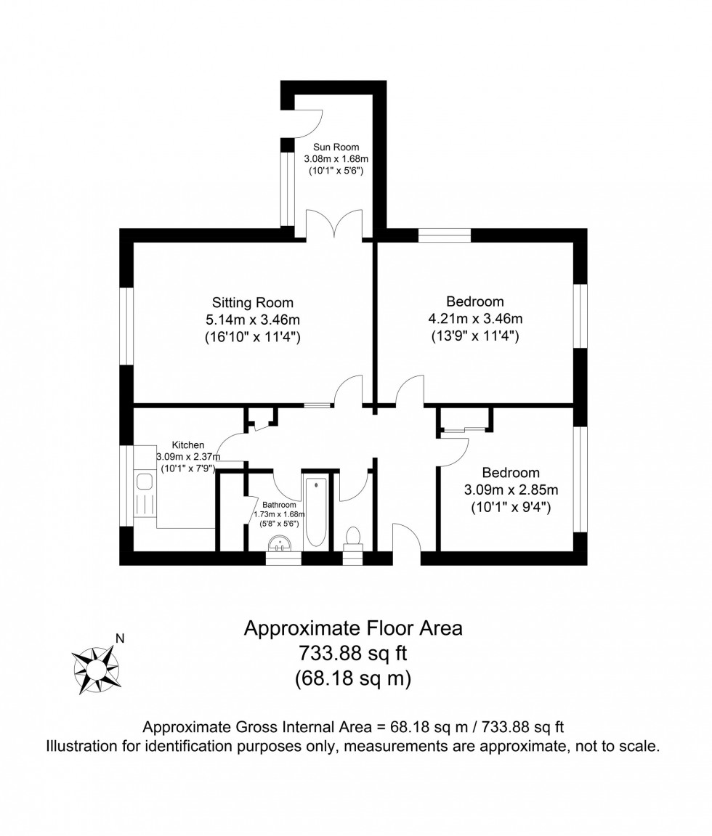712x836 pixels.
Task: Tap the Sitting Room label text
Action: point(252,302)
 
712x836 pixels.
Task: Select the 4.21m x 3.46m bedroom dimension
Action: point(475,318)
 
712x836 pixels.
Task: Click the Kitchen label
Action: point(187,445)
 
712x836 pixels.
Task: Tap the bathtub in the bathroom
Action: point(317,512)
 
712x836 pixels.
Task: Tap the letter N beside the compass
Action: point(120,638)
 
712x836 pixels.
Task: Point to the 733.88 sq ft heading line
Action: point(353,653)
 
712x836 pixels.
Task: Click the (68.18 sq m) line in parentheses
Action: point(353,678)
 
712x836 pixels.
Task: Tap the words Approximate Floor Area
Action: point(353,628)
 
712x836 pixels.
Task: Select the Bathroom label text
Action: point(279,504)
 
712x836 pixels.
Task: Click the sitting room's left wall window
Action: point(126,326)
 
